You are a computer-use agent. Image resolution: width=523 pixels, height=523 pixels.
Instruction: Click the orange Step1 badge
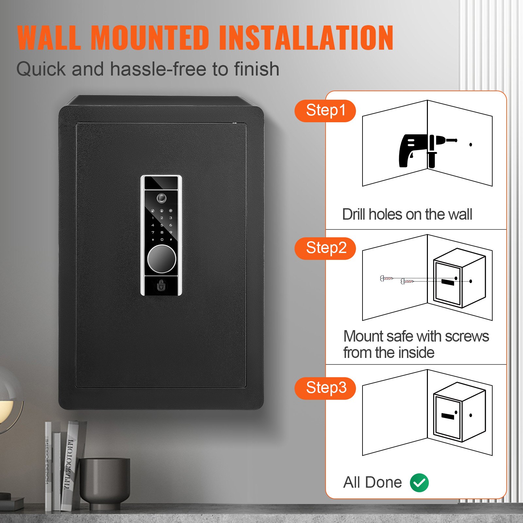[x=325, y=111]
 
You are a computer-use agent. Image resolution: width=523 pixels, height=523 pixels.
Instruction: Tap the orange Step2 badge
[x=325, y=248]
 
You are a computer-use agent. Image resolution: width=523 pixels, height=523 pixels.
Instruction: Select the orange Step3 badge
[x=325, y=388]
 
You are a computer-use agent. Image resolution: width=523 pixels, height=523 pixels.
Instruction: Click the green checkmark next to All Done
[x=419, y=482]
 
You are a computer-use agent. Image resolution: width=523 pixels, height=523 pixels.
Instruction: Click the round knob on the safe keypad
[x=161, y=259]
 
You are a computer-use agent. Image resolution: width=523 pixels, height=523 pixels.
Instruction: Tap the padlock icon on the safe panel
[x=161, y=285]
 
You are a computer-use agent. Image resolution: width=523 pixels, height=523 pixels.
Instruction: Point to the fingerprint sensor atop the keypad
[x=161, y=198]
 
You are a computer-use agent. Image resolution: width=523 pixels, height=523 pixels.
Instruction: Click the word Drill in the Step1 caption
[x=354, y=215]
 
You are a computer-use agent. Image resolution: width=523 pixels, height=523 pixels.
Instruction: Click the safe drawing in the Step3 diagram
[x=459, y=413]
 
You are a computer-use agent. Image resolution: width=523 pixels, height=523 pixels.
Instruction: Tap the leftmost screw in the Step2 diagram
[x=386, y=278]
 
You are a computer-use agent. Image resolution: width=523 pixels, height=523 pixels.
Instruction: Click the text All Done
[x=372, y=482]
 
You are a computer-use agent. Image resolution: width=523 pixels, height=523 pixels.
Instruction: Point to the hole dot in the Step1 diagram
[x=471, y=144]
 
